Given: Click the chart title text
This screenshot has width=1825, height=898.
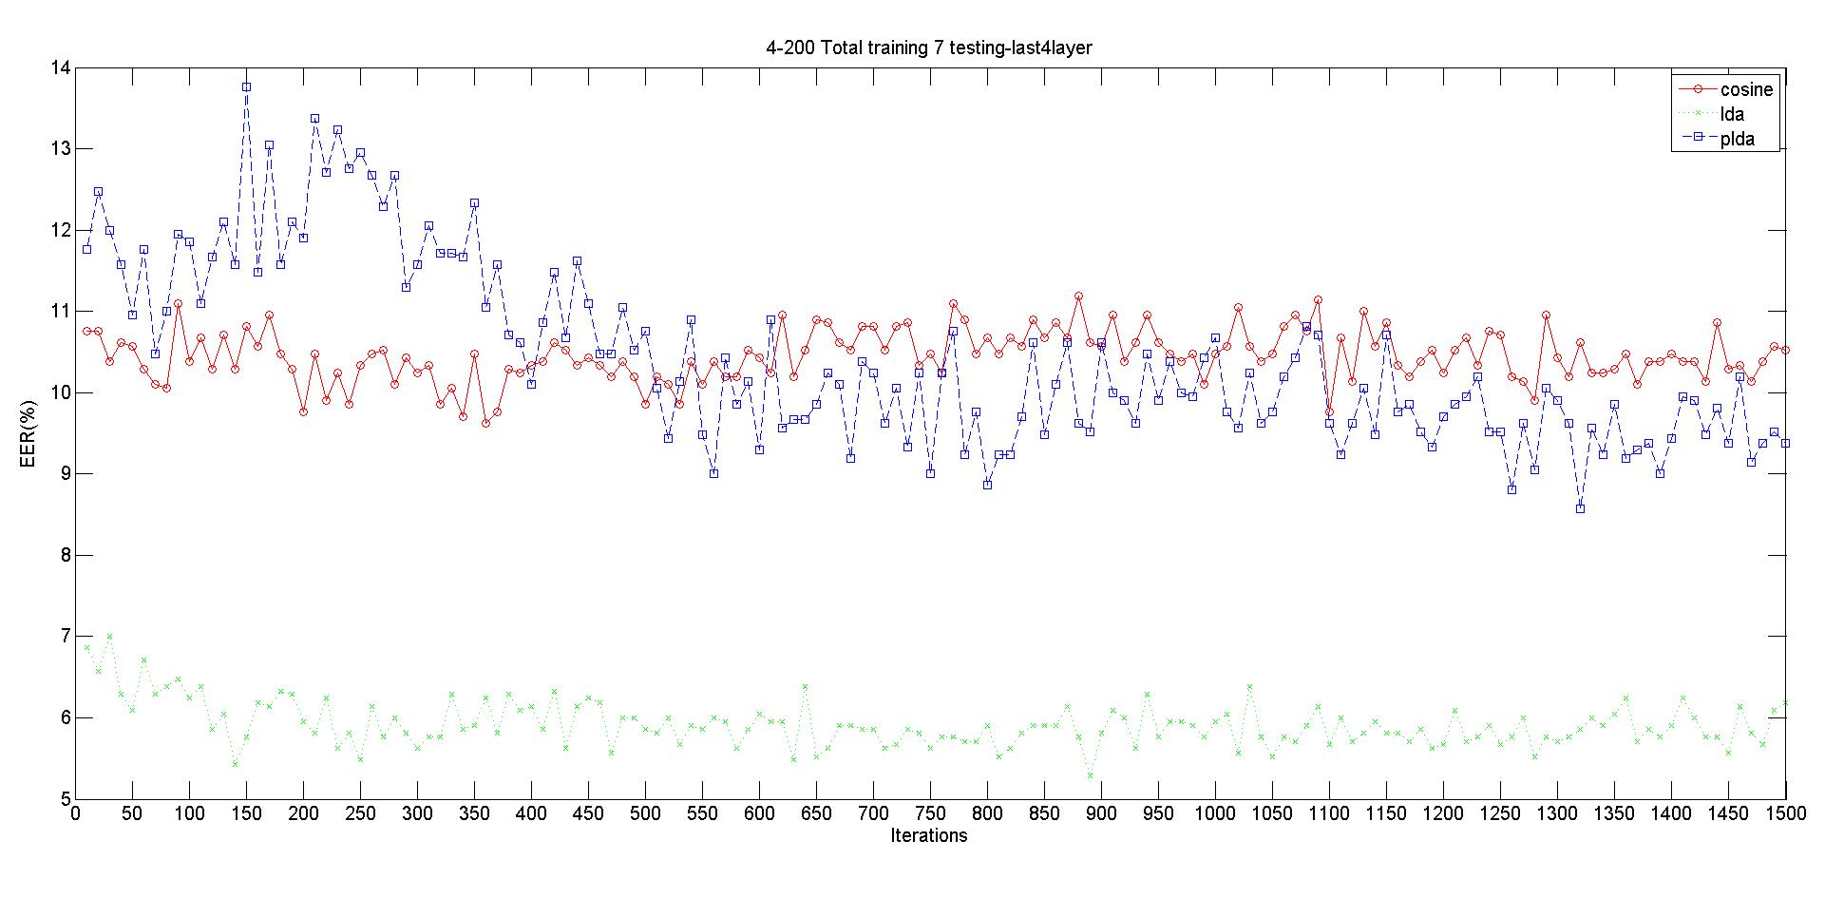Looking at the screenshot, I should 929,48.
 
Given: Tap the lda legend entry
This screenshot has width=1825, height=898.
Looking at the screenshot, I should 1732,114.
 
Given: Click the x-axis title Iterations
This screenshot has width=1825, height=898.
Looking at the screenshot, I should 929,836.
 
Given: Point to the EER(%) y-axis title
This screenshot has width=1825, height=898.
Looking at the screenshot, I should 28,433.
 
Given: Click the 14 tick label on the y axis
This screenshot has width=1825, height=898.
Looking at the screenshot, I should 61,67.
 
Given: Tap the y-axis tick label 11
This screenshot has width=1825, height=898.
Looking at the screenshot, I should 61,311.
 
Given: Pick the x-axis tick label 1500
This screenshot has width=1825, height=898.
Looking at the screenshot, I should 1785,814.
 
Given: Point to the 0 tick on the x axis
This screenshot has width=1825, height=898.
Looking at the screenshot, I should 76,814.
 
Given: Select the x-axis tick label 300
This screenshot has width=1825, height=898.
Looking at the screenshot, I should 417,814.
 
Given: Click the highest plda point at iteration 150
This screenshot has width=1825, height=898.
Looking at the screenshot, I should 246,86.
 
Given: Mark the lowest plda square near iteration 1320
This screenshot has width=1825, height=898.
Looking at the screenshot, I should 1580,508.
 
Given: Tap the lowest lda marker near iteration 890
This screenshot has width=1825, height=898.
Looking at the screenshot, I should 1090,775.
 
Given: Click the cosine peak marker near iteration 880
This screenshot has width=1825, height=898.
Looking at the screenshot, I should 1078,296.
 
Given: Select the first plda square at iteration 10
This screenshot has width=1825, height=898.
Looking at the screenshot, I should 86,249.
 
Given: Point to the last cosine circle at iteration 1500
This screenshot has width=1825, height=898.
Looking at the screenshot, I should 1785,350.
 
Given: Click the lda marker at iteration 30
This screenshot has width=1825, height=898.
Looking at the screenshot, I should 109,636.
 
